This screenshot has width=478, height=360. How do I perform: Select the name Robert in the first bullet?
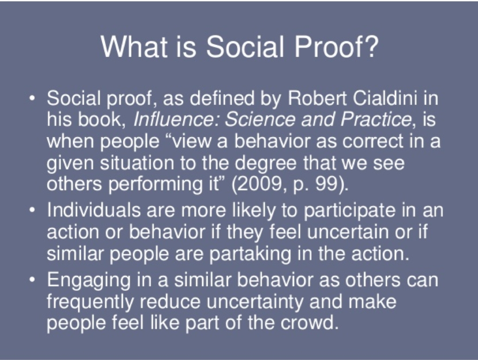[317, 98]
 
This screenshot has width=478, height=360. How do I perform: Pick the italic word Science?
[260, 119]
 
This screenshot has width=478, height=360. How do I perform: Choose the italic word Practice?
[376, 119]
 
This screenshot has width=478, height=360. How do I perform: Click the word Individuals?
[94, 210]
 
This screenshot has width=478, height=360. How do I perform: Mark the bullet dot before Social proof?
[32, 98]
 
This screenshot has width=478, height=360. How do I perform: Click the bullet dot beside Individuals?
[32, 210]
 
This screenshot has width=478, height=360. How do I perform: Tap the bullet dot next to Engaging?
[32, 279]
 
